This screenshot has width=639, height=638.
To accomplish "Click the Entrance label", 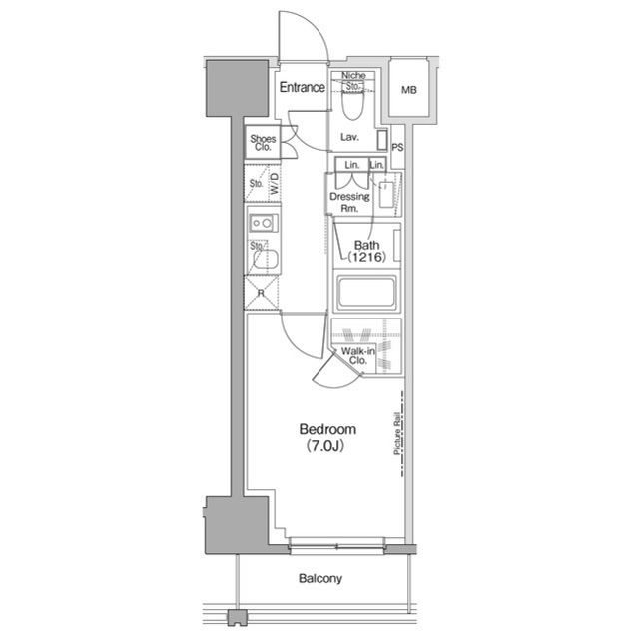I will coord(302,87).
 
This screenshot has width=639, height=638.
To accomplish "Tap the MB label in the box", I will coord(409,91).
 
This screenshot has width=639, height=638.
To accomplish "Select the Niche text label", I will coord(352,76).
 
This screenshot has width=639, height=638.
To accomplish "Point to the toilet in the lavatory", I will coord(352,102).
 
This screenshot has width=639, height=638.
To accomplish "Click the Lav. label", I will coord(349,137).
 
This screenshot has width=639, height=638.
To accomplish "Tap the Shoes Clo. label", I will coord(263,143).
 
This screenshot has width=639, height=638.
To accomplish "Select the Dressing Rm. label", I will coord(349,203).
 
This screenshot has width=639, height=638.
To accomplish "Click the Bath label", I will coord(366,245).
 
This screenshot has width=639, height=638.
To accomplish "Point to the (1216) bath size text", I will coord(366,259).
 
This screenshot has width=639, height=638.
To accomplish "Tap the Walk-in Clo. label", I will coord(356,356).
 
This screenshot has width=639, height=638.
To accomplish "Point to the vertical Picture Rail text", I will coord(396,435).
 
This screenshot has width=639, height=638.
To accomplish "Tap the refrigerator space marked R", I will coord(261,294).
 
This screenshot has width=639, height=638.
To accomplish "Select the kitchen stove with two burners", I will coord(263,222).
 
